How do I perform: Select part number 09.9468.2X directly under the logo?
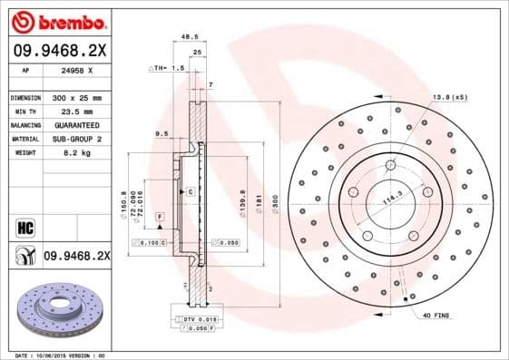[58, 52]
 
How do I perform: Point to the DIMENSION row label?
[25, 96]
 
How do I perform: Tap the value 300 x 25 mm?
[75, 96]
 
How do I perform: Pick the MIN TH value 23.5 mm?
[72, 112]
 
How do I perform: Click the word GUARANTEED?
[76, 125]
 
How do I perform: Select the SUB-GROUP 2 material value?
[76, 140]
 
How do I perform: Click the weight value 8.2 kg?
[71, 154]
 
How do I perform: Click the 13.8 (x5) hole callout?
[449, 96]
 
